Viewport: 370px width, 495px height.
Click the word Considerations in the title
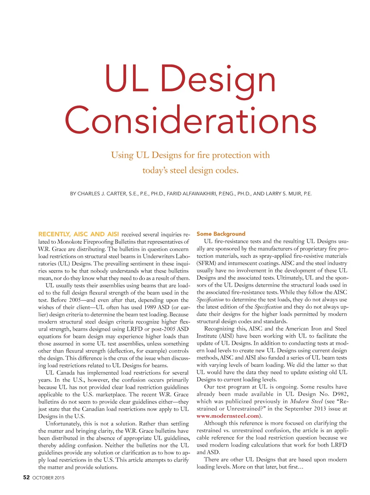coord(190,120)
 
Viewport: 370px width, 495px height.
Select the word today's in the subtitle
coord(155,170)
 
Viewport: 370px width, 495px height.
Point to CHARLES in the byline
coord(90,194)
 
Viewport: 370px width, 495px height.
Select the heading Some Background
coord(221,234)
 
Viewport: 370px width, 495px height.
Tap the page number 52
coord(26,477)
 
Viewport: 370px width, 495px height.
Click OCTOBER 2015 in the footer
coord(48,478)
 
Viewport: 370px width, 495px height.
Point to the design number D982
coord(339,394)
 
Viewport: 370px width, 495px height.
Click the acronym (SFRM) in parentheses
coord(206,263)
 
